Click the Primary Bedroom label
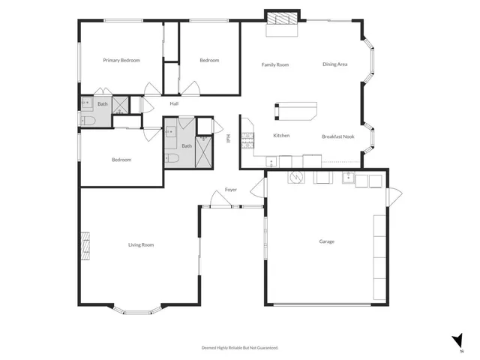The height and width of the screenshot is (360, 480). pyautogui.click(x=121, y=61)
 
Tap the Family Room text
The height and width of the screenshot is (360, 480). pyautogui.click(x=275, y=65)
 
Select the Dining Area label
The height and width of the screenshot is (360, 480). pyautogui.click(x=334, y=65)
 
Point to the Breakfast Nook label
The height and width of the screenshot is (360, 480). pyautogui.click(x=337, y=136)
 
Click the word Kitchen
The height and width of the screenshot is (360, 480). pyautogui.click(x=281, y=136)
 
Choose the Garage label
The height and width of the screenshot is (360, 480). pyautogui.click(x=326, y=241)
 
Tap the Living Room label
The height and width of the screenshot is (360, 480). pyautogui.click(x=141, y=245)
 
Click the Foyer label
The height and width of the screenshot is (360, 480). pyautogui.click(x=231, y=190)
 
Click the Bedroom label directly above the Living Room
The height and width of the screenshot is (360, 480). pyautogui.click(x=121, y=160)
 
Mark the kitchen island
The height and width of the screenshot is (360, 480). pyautogui.click(x=295, y=111)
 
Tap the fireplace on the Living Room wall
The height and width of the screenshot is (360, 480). pyautogui.click(x=85, y=245)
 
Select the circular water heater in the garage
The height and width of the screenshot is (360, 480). pyautogui.click(x=296, y=178)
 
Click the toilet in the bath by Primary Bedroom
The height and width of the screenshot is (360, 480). pyautogui.click(x=86, y=121)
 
